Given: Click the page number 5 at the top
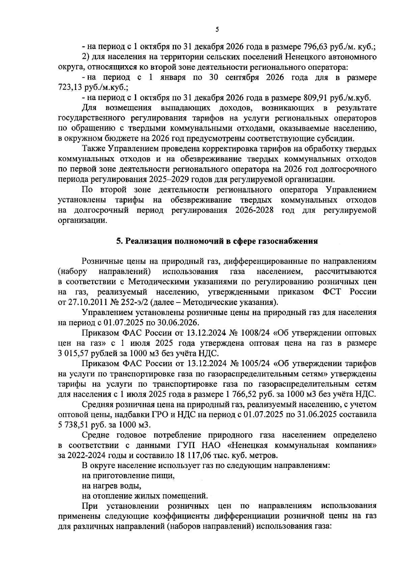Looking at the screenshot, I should [217, 30].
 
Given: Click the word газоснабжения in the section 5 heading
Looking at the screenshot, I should [288, 241].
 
